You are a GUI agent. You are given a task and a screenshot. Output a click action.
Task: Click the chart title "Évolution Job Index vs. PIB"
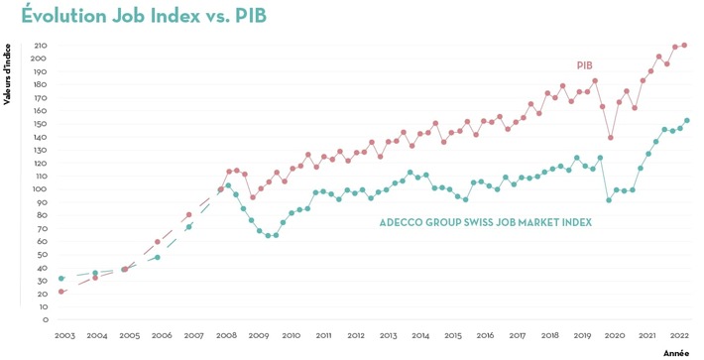click(x=143, y=17)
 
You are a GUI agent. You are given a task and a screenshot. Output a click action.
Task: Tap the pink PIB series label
click(x=585, y=65)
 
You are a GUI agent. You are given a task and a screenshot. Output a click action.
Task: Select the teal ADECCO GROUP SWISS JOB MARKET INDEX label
click(x=485, y=222)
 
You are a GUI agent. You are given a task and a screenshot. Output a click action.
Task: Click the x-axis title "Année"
click(x=676, y=352)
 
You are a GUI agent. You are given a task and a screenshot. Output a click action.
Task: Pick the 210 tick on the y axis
click(x=41, y=46)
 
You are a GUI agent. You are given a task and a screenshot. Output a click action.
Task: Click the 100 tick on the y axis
click(x=41, y=189)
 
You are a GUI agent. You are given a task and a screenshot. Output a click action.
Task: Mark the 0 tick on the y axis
click(x=45, y=320)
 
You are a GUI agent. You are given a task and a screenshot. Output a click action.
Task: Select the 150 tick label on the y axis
click(x=41, y=124)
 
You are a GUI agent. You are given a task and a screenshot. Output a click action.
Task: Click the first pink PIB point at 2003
click(x=61, y=292)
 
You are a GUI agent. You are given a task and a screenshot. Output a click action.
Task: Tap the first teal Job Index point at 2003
click(x=61, y=279)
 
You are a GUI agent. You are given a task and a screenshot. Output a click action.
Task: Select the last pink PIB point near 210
click(x=684, y=46)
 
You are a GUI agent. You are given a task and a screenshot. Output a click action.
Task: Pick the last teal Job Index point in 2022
click(x=687, y=121)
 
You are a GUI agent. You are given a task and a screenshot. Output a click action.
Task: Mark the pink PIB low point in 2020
click(x=610, y=138)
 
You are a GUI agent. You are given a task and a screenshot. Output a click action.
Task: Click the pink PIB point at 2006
click(x=158, y=242)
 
